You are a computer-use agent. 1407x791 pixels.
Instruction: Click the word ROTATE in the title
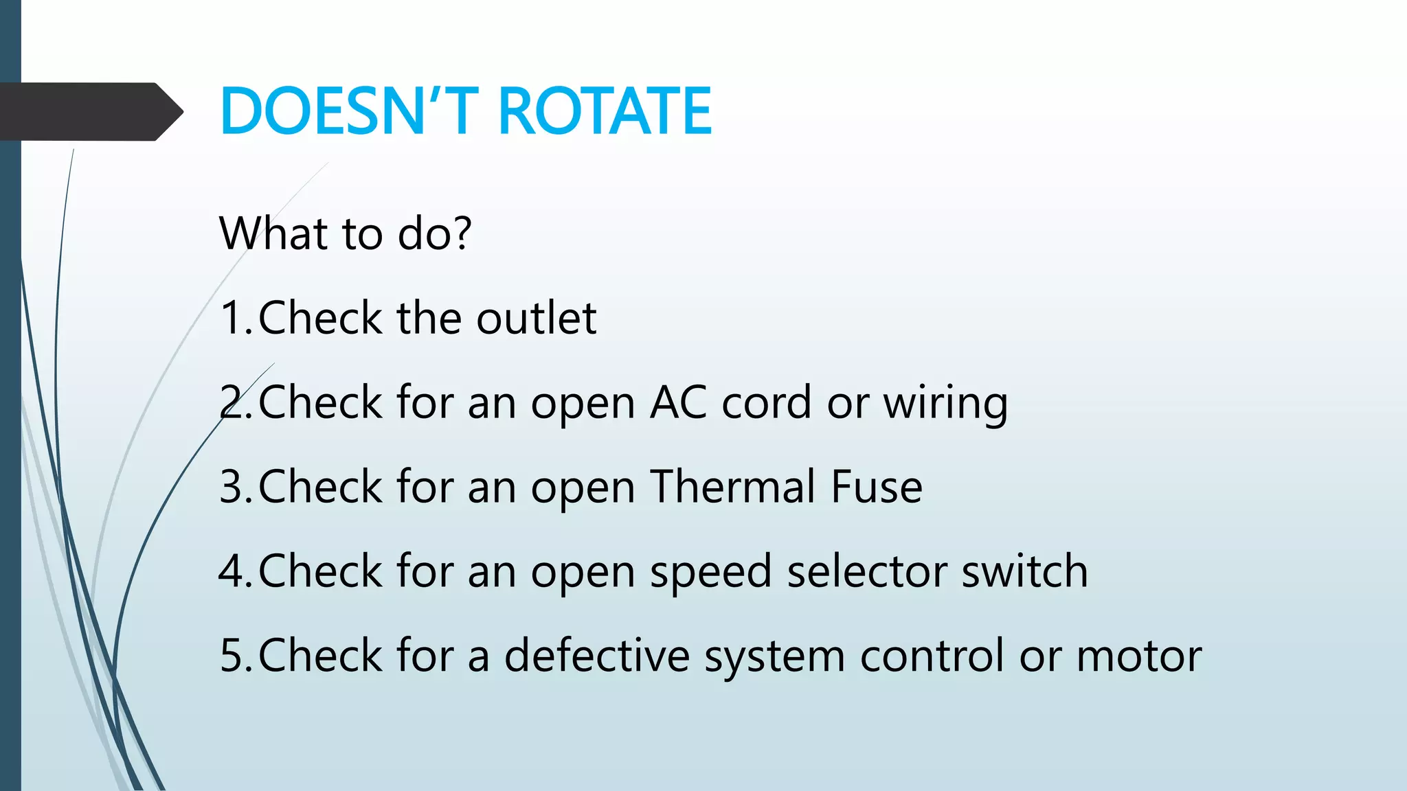tap(605, 111)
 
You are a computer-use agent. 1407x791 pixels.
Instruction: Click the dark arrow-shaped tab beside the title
tap(89, 112)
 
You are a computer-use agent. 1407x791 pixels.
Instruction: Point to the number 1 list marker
tap(231, 318)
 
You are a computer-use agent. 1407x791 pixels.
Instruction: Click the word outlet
tap(536, 318)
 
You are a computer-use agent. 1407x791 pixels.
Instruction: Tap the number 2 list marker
tap(231, 402)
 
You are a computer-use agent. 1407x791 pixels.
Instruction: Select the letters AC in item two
tap(678, 402)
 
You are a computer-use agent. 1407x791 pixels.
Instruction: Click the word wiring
tap(945, 404)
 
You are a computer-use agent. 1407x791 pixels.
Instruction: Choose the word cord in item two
tap(766, 402)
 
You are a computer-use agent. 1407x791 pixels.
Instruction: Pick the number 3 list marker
tap(231, 487)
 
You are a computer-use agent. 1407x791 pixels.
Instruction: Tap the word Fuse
tap(877, 487)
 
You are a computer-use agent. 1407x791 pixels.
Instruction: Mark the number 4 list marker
tap(231, 571)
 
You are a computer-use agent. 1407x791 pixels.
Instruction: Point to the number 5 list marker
tap(231, 656)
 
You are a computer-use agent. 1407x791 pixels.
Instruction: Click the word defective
tap(596, 656)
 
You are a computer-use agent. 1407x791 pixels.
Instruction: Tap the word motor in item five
tap(1138, 656)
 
